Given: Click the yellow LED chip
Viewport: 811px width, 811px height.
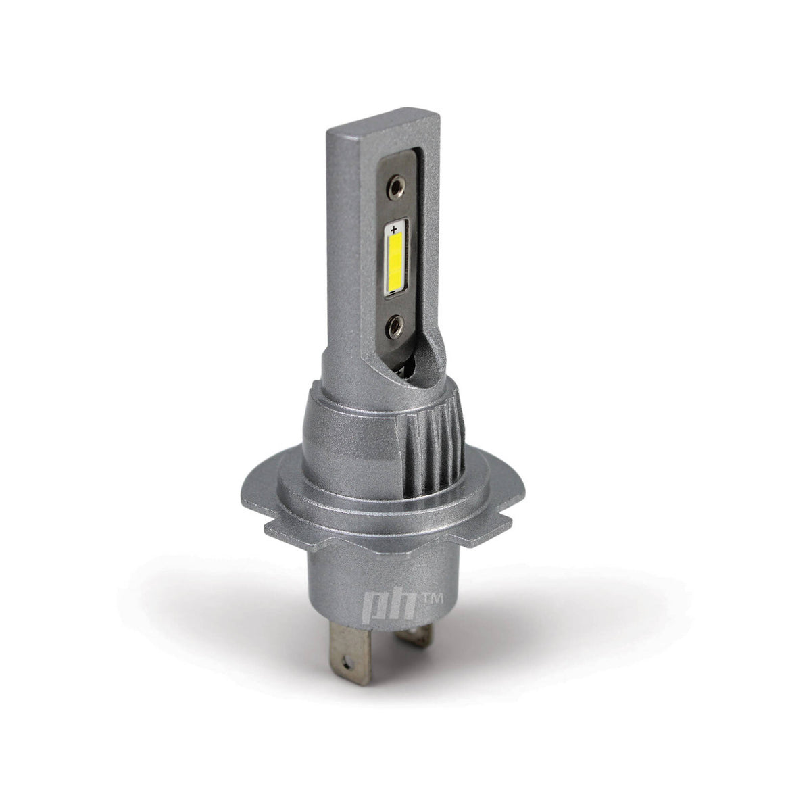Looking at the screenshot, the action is pyautogui.click(x=395, y=264).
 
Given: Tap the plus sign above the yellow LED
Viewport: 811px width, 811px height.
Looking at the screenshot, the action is pyautogui.click(x=394, y=230).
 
